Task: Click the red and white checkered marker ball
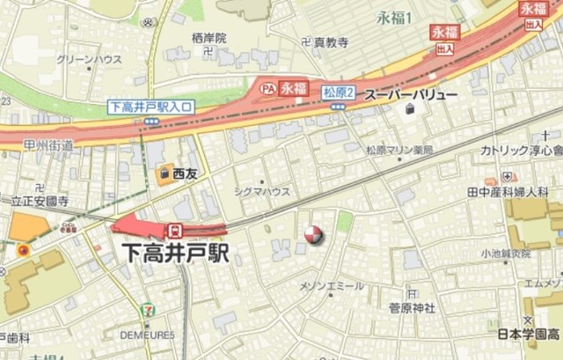[x=312, y=234]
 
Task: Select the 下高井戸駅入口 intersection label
[x=151, y=107]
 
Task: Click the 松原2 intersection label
[x=338, y=92]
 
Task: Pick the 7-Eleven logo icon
[x=145, y=310]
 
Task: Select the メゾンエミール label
[x=332, y=286]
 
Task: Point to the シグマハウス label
[x=262, y=190]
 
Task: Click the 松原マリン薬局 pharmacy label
[x=399, y=151]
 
